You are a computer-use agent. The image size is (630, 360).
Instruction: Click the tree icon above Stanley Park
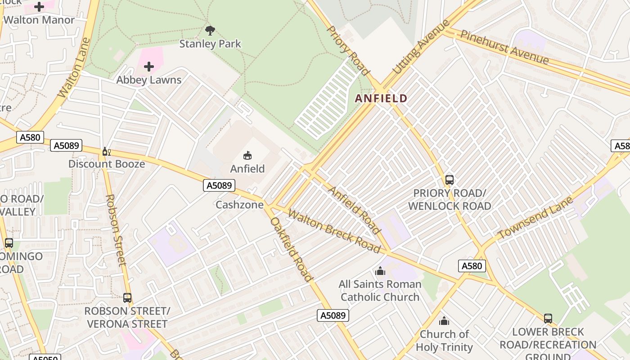pos(210,31)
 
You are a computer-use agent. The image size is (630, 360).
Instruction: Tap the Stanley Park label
pos(210,44)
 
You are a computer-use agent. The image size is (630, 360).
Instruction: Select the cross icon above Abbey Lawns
pos(149,67)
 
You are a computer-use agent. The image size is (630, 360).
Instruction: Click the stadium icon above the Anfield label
pos(247,156)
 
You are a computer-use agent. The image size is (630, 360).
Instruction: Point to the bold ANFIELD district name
pos(381,98)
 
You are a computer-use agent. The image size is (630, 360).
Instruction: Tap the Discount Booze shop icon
pos(106,151)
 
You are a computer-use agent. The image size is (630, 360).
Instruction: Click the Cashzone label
pos(239,205)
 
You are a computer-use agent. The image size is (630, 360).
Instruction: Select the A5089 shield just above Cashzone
pos(219,185)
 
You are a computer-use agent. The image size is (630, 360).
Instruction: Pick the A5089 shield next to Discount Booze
pos(66,145)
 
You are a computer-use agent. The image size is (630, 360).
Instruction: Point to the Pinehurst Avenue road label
pos(504,47)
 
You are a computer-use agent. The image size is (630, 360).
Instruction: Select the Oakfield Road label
pos(291,249)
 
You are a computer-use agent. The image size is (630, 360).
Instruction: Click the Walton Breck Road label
pos(333,231)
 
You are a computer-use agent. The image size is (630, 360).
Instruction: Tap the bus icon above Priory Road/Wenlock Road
pos(449,180)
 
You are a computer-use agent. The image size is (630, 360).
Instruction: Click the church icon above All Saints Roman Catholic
pos(380,271)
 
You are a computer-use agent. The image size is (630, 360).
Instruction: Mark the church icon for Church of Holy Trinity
pos(444,321)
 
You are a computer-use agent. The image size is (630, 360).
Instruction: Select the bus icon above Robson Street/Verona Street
pos(127,297)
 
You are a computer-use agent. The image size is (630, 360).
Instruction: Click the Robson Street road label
pos(116,230)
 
